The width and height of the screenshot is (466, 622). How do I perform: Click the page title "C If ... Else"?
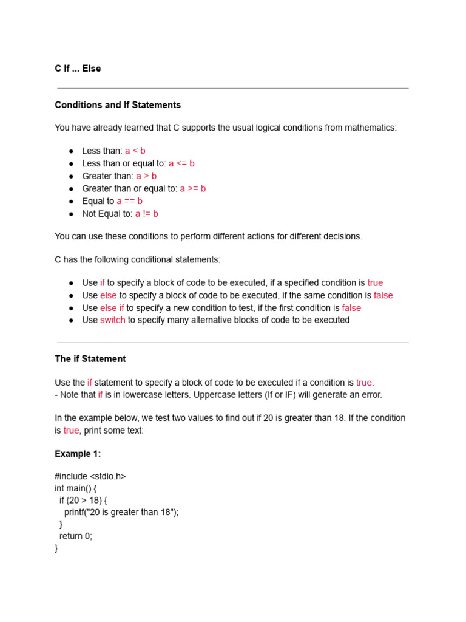coord(78,69)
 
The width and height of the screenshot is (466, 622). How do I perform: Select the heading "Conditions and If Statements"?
coord(118,105)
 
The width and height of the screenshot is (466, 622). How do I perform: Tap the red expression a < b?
coord(135,151)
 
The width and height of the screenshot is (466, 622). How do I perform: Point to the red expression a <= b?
coord(181,163)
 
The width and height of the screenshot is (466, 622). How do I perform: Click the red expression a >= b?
coord(193,188)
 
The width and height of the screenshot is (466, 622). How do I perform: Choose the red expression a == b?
coord(130,201)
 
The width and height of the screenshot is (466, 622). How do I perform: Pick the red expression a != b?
coord(146,214)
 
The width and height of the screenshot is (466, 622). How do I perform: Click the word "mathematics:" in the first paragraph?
coord(371,128)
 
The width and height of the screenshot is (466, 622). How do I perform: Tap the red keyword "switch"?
coord(113,320)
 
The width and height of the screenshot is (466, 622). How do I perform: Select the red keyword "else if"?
coord(112,308)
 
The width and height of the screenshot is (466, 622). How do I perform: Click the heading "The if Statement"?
coord(90,359)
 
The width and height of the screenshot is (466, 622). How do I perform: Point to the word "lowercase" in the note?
coord(133,395)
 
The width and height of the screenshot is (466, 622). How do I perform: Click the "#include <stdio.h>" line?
coord(90,476)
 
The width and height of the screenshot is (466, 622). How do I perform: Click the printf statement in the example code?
coord(121,512)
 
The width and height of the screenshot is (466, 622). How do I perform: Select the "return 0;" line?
coord(76,536)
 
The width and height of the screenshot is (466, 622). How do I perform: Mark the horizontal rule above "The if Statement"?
coord(232,343)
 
